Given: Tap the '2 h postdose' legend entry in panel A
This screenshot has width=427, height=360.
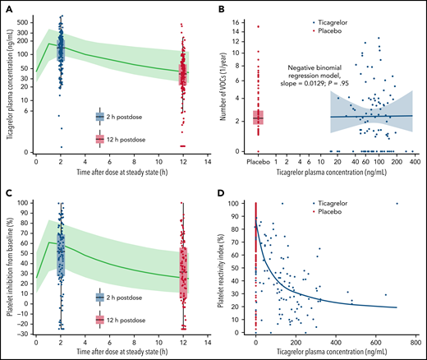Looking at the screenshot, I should pyautogui.click(x=123, y=117).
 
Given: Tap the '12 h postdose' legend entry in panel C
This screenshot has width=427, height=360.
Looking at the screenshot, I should pyautogui.click(x=125, y=319).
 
